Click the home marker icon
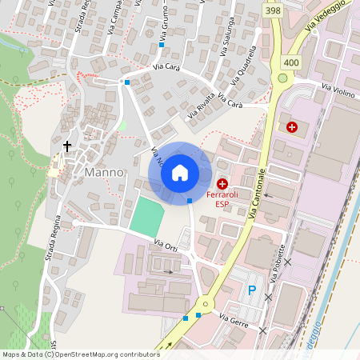click(x=180, y=172)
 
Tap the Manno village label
click(x=104, y=172)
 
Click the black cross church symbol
click(x=67, y=146)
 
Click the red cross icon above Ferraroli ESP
click(x=222, y=184)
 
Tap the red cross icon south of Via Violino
click(x=292, y=126)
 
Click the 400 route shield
click(x=290, y=62)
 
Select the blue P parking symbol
click(x=253, y=290)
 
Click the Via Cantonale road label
click(x=260, y=194)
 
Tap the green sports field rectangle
click(x=146, y=214)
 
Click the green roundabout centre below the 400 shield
click(x=282, y=78)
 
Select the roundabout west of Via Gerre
click(x=205, y=304)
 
